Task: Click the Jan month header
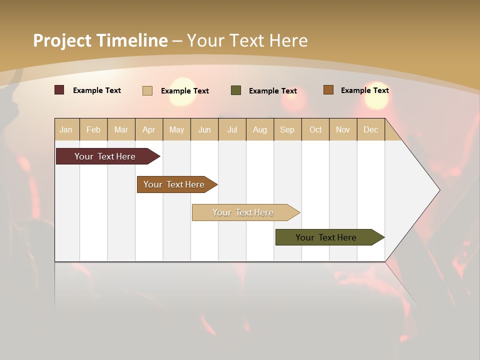pyautogui.click(x=66, y=129)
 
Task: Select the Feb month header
pyautogui.click(x=93, y=129)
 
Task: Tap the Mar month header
pyautogui.click(x=121, y=129)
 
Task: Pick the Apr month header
pyautogui.click(x=149, y=129)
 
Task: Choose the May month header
pyautogui.click(x=176, y=129)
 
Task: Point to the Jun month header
pyautogui.click(x=204, y=129)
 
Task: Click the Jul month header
pyautogui.click(x=232, y=129)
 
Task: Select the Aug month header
pyautogui.click(x=260, y=129)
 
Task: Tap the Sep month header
pyautogui.click(x=287, y=129)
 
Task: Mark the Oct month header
pyautogui.click(x=315, y=129)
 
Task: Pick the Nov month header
pyautogui.click(x=343, y=129)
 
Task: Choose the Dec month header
pyautogui.click(x=371, y=129)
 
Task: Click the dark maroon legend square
pyautogui.click(x=59, y=90)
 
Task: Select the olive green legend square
pyautogui.click(x=236, y=90)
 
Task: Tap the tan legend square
pyautogui.click(x=147, y=90)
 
